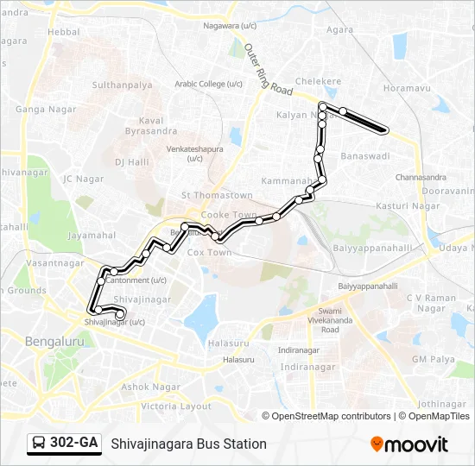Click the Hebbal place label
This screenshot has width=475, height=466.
click(64, 31)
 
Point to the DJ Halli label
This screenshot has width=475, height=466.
click(132, 161)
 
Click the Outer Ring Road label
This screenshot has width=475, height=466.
click(269, 69)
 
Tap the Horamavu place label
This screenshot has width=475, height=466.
click(406, 89)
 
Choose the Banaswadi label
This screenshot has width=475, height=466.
click(365, 156)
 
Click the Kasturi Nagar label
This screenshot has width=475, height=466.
click(408, 206)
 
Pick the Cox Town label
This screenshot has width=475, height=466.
click(210, 253)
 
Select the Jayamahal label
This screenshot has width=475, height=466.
click(92, 234)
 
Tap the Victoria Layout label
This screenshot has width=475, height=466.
click(176, 406)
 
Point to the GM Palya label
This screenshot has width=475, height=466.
click(432, 359)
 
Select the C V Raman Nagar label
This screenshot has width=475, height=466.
click(431, 303)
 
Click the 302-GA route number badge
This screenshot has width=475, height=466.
click(64, 443)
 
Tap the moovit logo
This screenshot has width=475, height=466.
click(409, 444)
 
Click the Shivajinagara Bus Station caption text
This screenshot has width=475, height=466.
click(188, 444)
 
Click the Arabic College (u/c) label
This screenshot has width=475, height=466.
click(209, 84)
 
